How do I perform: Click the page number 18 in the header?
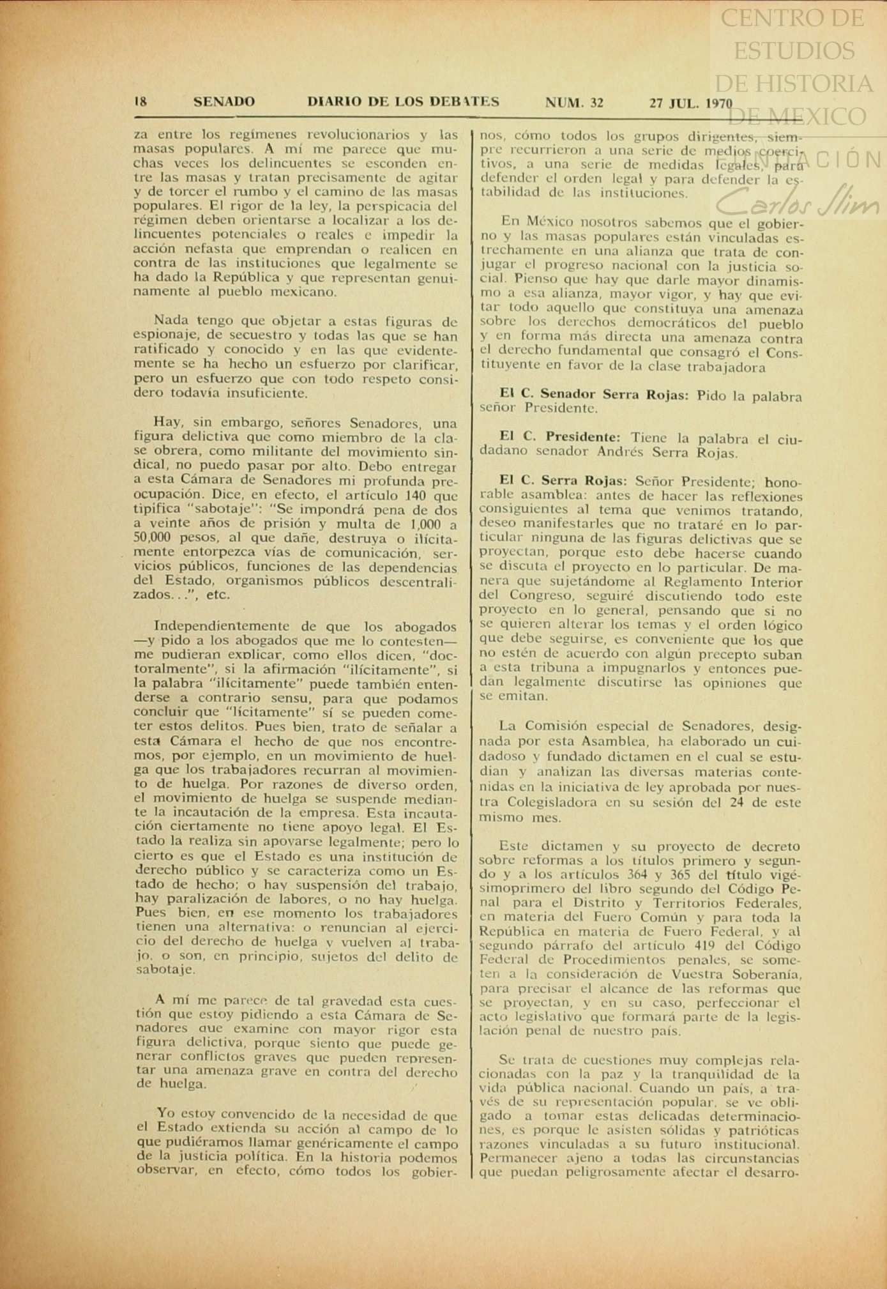pos(140,102)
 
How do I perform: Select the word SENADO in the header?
pos(224,102)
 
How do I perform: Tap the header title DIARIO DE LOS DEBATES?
pos(403,102)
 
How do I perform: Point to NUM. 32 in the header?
pos(574,102)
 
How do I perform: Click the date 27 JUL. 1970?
pos(691,103)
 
